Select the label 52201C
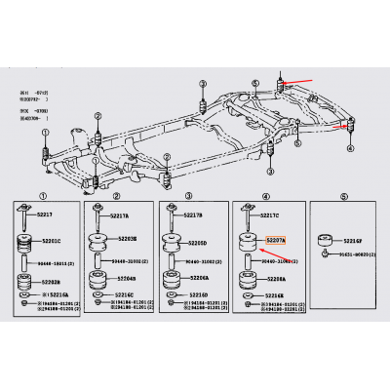(x=50, y=241)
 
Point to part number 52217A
(x=120, y=215)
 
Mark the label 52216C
(x=122, y=292)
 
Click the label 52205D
(x=197, y=242)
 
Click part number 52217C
(x=270, y=215)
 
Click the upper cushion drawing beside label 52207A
(x=248, y=242)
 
